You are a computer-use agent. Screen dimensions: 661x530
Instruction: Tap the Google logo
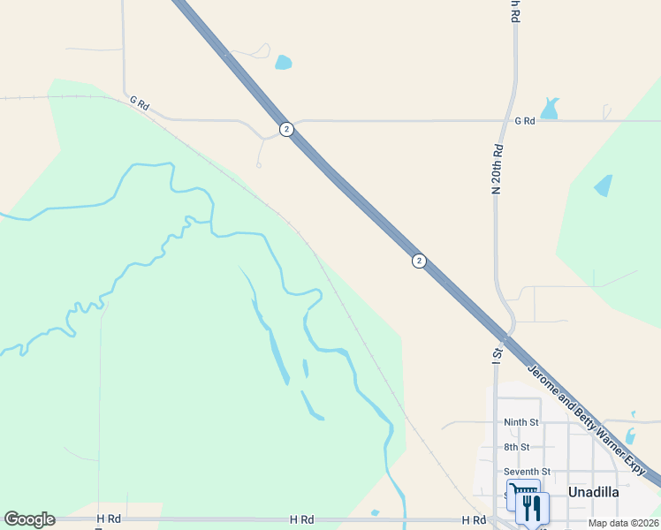29,519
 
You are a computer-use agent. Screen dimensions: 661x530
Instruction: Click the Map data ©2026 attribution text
624,523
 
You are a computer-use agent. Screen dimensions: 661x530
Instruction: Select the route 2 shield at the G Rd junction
286,129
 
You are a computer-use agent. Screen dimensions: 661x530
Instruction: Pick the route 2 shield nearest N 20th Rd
419,261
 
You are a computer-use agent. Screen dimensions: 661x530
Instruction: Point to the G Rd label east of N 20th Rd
525,120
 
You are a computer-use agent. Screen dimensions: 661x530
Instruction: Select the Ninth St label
520,422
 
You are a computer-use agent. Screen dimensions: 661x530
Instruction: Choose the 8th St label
517,447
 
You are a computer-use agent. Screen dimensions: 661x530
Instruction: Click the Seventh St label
527,472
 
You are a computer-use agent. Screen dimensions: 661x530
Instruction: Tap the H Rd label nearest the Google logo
108,519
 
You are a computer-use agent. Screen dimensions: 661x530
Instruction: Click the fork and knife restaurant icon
533,507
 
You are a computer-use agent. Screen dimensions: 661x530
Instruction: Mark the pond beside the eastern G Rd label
551,109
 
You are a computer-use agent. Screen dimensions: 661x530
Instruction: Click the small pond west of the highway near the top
283,62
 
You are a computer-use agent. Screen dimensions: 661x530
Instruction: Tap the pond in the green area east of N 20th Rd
604,185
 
